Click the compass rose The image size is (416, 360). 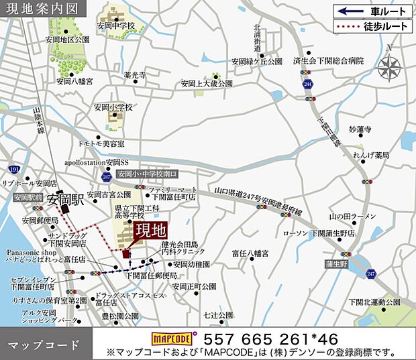390,66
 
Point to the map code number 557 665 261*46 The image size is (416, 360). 275,338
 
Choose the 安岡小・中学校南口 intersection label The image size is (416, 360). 143,174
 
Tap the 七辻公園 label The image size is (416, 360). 219,314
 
